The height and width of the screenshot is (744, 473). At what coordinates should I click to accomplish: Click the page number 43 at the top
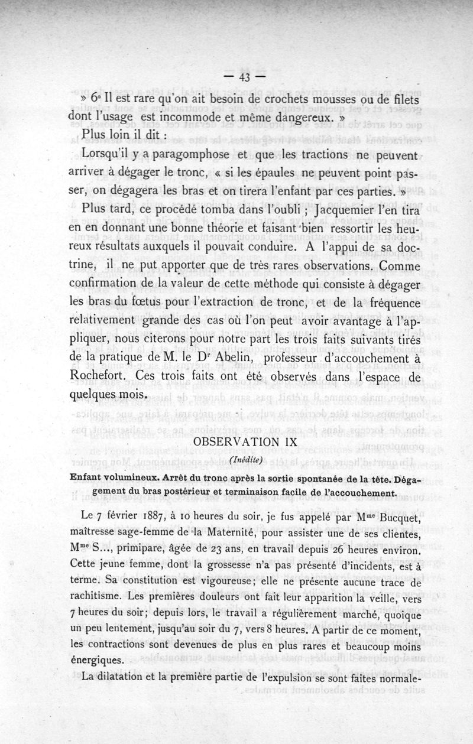pyautogui.click(x=245, y=77)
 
